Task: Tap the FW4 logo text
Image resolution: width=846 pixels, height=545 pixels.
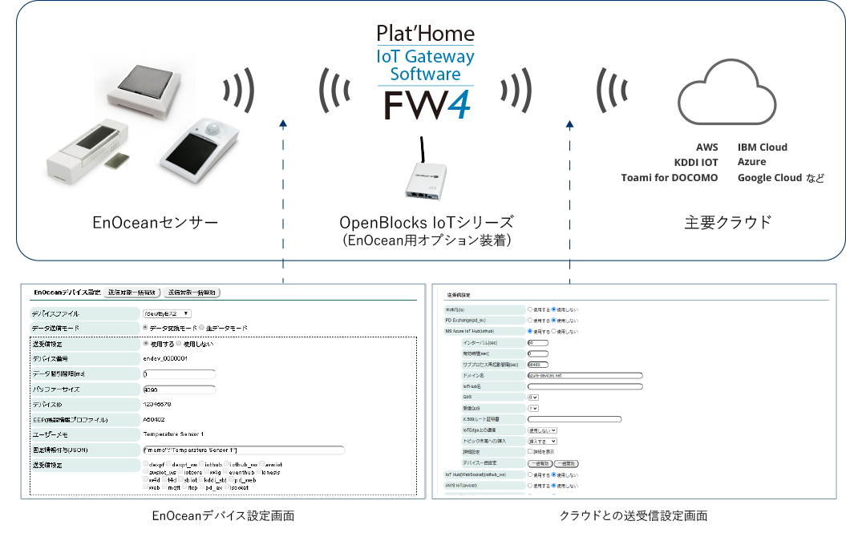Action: coord(425,106)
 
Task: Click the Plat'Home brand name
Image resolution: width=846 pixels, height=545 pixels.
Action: coord(425,34)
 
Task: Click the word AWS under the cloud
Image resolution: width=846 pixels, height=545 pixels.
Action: coord(707,147)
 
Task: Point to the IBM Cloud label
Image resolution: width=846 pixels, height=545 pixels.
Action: coord(763,147)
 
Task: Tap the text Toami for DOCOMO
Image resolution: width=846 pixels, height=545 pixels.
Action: coord(670,178)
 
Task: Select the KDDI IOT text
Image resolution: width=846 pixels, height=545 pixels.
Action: coord(696,163)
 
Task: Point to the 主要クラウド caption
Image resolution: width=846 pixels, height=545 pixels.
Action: coord(728,222)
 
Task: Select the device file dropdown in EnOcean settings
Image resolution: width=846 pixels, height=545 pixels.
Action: coord(167,313)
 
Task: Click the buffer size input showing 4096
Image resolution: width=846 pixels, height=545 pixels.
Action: coord(178,390)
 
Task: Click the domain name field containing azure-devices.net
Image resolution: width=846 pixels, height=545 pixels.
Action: coord(585,374)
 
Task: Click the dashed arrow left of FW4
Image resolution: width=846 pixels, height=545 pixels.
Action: coord(283,200)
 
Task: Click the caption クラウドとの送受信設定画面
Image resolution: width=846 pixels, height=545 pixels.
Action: coord(633,516)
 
